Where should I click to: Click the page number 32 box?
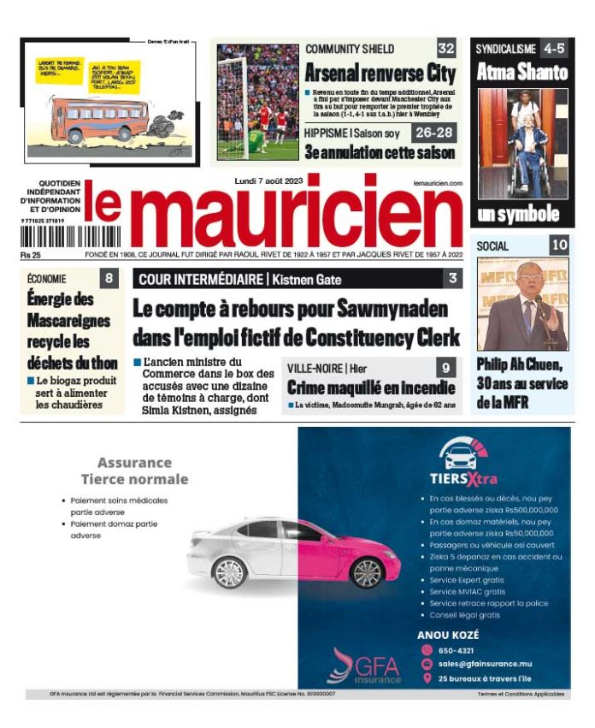[446, 48]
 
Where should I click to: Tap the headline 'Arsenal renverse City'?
[380, 72]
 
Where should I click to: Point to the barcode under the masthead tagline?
[50, 237]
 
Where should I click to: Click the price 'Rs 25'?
[32, 255]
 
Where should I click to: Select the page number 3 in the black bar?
[452, 278]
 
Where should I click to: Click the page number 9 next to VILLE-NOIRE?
[445, 368]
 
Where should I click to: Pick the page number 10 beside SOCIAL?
[559, 246]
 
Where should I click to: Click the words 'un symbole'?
[519, 215]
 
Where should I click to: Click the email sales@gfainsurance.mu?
[486, 664]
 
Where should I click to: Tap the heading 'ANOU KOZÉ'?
[448, 635]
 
